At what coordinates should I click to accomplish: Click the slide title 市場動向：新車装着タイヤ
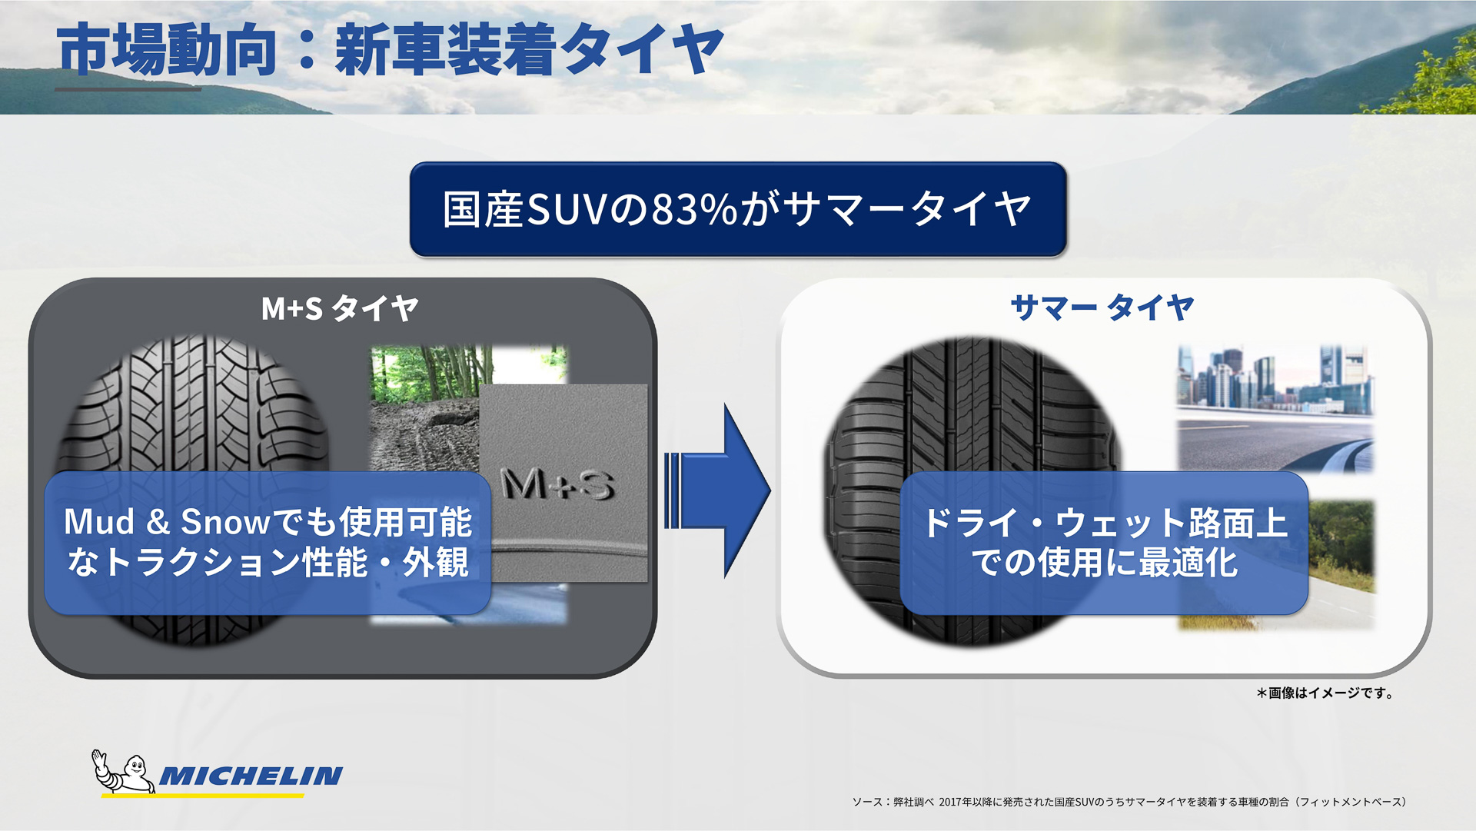tap(389, 50)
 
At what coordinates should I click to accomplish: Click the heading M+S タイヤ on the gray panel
tap(339, 308)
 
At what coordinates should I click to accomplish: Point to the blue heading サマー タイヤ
tap(1102, 307)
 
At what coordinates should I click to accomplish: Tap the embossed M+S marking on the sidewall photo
tap(557, 484)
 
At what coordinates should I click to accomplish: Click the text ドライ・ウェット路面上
tap(1104, 524)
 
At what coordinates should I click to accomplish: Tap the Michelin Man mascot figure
tap(123, 772)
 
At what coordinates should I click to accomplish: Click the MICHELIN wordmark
tap(251, 776)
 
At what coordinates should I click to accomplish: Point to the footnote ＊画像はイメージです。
tap(1325, 693)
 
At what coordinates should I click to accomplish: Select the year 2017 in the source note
tap(949, 802)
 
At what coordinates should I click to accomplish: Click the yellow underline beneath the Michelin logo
tap(202, 795)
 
